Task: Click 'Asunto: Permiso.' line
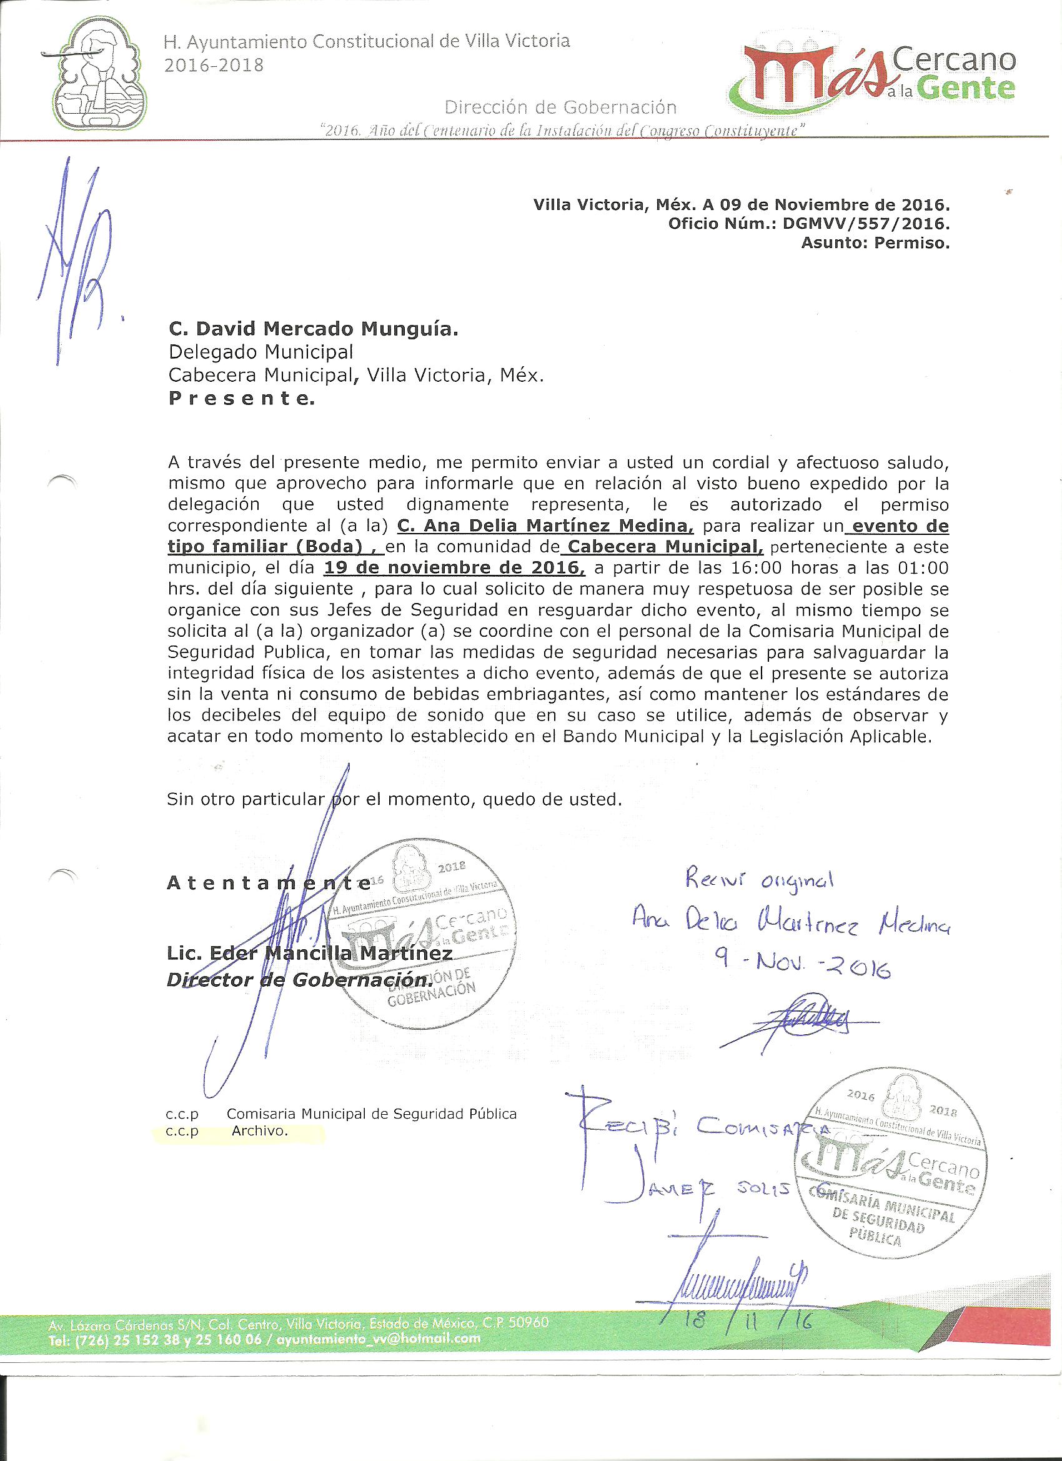click(875, 243)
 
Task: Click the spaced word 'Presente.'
click(242, 399)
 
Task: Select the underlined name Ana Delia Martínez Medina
click(545, 526)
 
